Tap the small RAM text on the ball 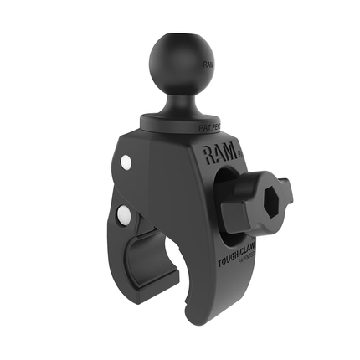pyautogui.click(x=208, y=63)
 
